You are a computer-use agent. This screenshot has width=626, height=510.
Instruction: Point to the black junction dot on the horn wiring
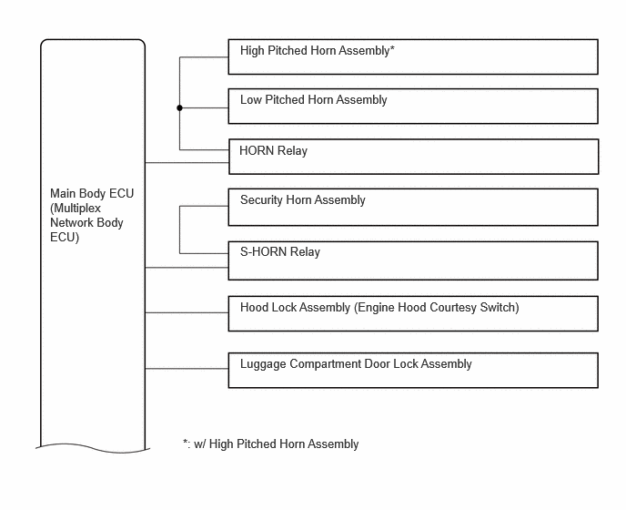point(179,107)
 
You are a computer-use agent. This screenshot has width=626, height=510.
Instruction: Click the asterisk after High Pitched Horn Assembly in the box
point(392,49)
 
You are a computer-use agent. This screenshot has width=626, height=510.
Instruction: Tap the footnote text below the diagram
point(270,444)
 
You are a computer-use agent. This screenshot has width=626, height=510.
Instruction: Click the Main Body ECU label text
point(92,216)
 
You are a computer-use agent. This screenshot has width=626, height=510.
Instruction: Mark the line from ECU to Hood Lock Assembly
point(187,312)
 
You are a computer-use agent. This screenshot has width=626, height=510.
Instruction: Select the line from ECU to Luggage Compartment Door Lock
point(187,369)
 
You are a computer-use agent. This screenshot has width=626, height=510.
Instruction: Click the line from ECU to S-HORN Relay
point(187,268)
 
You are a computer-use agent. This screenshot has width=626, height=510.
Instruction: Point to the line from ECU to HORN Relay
point(187,163)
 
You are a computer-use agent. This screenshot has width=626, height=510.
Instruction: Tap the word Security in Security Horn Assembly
point(261,200)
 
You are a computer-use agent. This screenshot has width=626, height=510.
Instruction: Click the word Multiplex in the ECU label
point(77,209)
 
